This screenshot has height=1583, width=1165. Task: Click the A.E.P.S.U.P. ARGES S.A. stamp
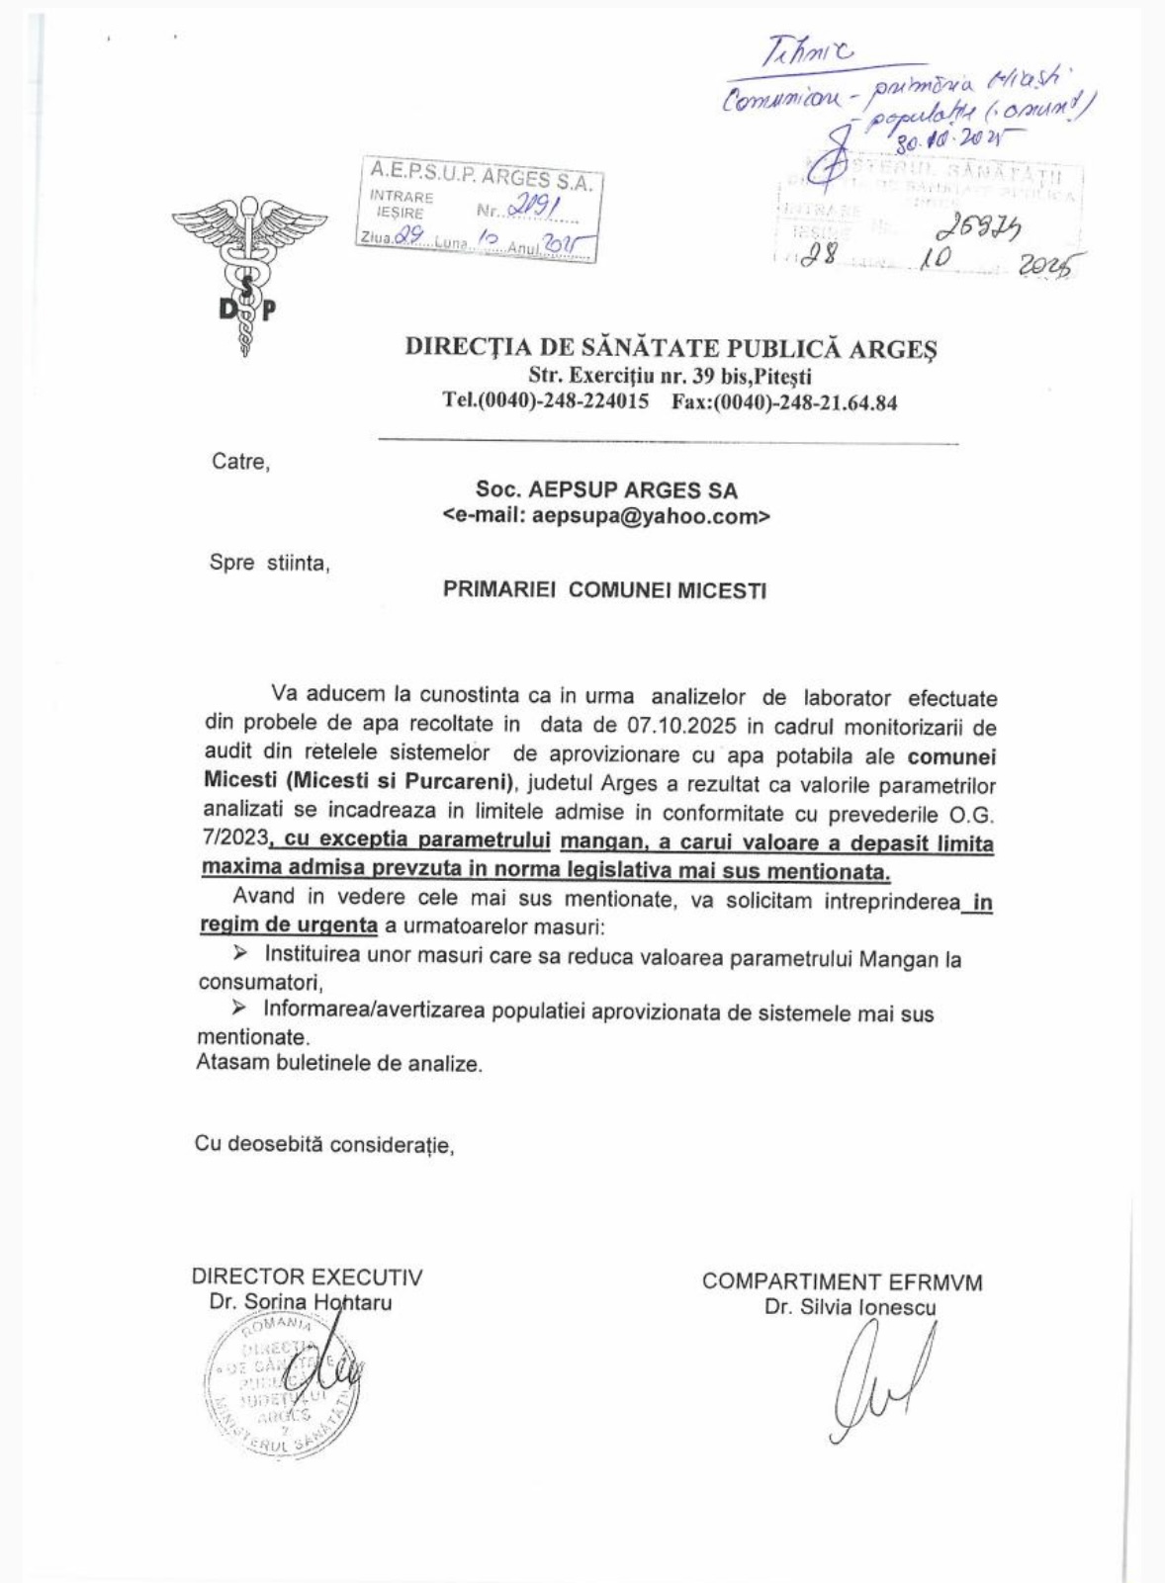pos(479,214)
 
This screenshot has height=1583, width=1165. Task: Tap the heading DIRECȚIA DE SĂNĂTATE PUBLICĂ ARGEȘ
pos(672,348)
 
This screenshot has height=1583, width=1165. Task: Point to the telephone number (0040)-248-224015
pos(546,402)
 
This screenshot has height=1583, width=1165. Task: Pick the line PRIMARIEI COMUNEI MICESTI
pos(604,590)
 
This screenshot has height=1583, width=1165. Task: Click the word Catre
pos(239,462)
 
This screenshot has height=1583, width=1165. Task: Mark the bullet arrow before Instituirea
pos(239,954)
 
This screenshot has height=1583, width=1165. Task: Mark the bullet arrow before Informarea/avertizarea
pos(238,1009)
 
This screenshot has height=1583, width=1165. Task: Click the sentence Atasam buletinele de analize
pos(339,1065)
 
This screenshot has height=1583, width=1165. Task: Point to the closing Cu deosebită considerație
pos(324,1144)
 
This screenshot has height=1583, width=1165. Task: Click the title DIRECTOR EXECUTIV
pos(308,1277)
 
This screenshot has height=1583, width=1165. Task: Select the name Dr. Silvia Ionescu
pos(851,1307)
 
